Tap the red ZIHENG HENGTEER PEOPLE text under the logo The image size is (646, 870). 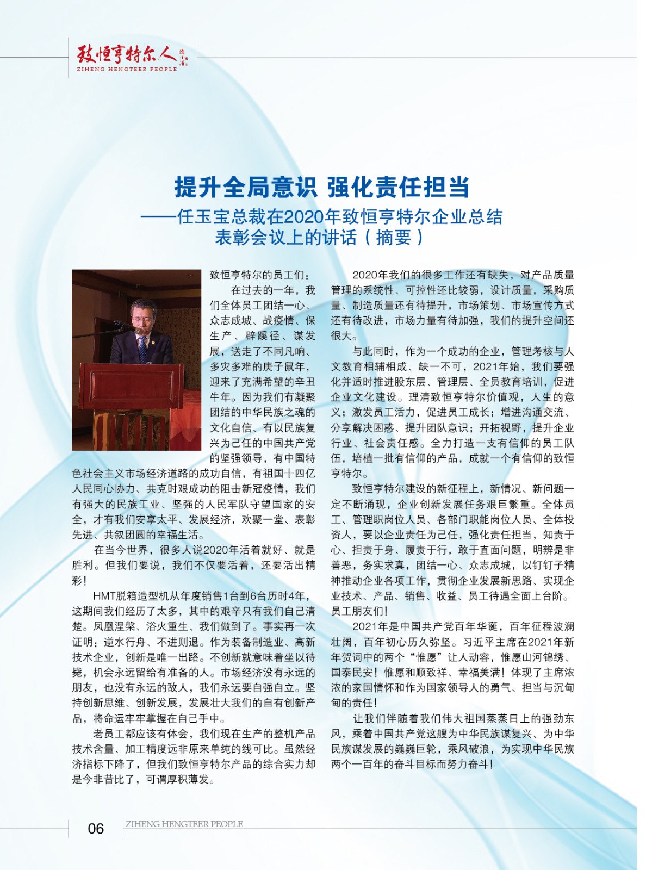(127, 69)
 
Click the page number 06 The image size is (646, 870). (96, 828)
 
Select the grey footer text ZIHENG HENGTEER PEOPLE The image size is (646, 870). (184, 824)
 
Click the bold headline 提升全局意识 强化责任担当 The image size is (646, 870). (321, 188)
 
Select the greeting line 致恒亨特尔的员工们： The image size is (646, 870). (260, 275)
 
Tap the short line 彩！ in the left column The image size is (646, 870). (79, 581)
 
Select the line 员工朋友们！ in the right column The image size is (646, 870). (359, 611)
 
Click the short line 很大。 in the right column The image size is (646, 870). (344, 336)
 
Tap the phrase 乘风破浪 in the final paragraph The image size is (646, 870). (469, 749)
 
